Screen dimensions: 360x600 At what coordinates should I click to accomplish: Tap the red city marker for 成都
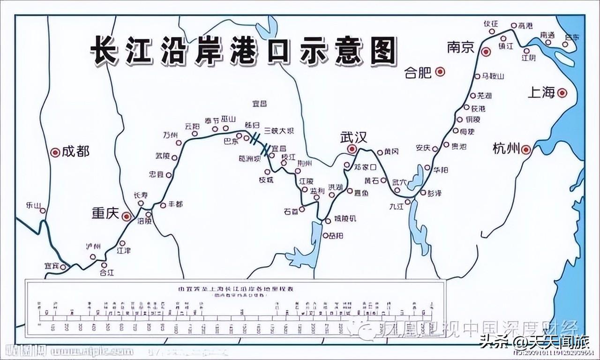[55, 152]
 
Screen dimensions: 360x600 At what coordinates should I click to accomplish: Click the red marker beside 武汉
[352, 149]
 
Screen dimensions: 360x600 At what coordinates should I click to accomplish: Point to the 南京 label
[461, 47]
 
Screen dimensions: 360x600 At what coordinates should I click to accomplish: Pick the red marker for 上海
[562, 93]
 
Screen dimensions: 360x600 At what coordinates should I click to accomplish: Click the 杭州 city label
[506, 149]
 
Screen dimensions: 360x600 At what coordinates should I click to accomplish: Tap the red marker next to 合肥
[440, 72]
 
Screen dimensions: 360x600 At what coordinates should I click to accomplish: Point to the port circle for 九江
[408, 202]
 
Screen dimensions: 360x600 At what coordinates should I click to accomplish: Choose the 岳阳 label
[336, 235]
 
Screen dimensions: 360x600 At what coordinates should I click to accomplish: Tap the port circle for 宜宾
[63, 266]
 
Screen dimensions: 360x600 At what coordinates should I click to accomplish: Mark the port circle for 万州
[179, 142]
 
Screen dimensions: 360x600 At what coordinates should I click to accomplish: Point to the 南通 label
[547, 35]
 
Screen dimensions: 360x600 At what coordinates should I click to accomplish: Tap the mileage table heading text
[234, 287]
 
